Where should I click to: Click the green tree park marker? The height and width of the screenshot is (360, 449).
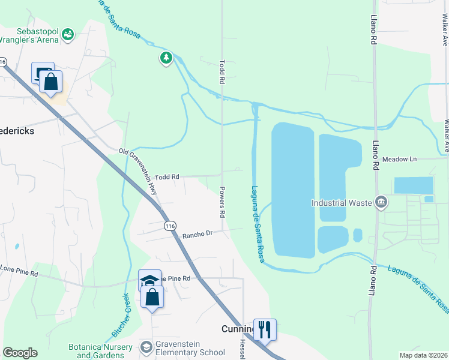tap(166, 58)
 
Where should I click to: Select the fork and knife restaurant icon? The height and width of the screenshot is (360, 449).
tap(265, 329)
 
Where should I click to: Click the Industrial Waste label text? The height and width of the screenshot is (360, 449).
tap(341, 203)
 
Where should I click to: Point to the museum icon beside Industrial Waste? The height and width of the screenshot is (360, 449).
tap(380, 202)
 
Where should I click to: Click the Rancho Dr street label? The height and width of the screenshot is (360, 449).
tap(198, 234)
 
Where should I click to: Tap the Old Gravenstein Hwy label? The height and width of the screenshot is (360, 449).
tap(139, 171)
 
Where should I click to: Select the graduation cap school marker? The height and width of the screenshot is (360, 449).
tap(149, 280)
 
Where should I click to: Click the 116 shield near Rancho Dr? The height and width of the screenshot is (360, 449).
tap(170, 225)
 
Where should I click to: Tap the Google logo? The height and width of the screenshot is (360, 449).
tap(20, 353)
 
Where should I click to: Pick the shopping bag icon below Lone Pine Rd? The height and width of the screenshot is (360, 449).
tap(152, 296)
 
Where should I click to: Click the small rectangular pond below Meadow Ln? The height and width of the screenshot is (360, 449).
tap(413, 185)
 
